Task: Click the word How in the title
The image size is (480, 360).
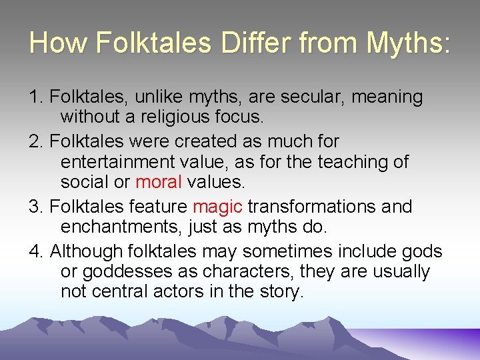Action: tap(58, 43)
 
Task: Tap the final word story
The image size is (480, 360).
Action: tap(279, 292)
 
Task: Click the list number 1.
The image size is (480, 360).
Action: tap(35, 97)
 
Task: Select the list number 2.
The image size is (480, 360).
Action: tap(35, 141)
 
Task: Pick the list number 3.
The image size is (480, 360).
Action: tap(35, 207)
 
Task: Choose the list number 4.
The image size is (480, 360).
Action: tap(35, 251)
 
